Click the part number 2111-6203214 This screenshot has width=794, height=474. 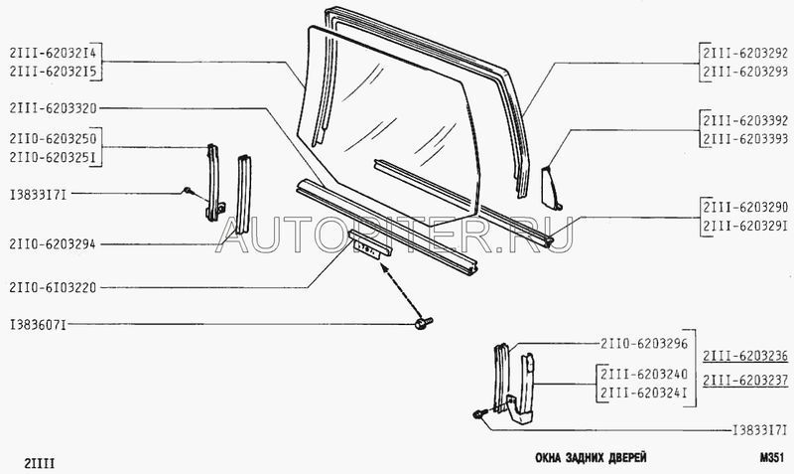53,53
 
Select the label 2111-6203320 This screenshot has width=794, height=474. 53,108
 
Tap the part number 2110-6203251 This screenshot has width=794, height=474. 53,158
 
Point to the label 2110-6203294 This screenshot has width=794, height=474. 53,244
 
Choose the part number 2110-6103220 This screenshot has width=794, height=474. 53,288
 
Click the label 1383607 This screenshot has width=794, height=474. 38,325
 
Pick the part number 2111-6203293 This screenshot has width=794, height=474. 744,72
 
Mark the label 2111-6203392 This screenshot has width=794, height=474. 744,120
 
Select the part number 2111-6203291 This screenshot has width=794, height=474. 744,226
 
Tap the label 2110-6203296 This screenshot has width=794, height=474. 643,344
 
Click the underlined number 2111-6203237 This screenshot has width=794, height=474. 745,380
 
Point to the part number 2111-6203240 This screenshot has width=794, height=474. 643,374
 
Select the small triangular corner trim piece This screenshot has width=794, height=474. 550,188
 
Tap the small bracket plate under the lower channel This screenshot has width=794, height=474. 370,244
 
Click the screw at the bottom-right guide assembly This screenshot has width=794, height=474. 480,413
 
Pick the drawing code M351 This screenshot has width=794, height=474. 771,457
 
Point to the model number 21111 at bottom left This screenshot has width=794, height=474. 39,463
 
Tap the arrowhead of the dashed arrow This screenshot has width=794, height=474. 384,270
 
